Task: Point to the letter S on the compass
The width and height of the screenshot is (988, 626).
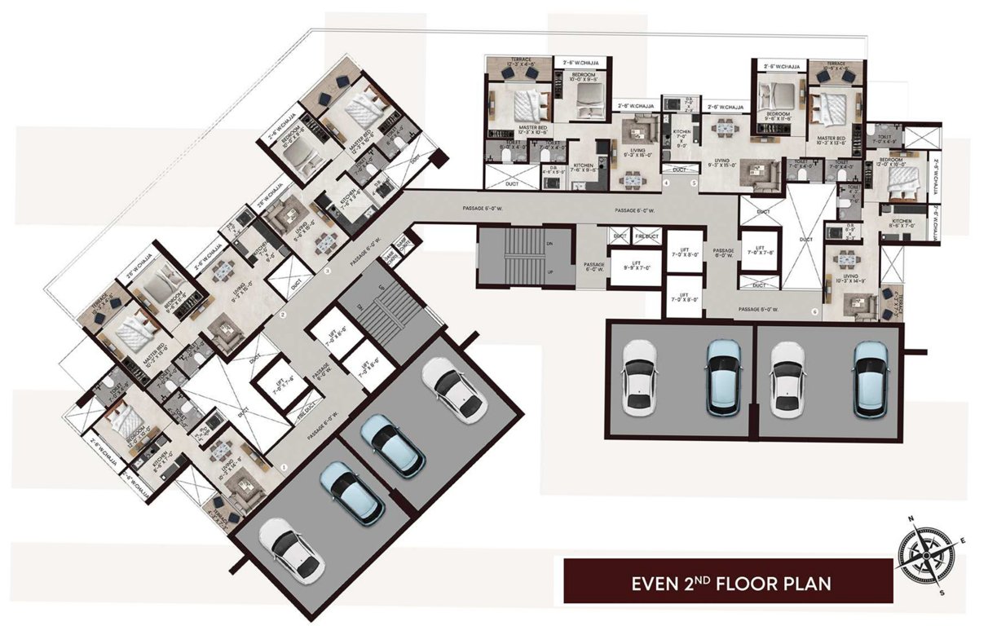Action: point(942,593)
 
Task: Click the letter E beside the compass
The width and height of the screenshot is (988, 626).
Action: point(964,541)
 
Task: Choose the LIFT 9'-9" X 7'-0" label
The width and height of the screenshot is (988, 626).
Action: point(633,265)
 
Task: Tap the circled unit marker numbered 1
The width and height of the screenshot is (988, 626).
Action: point(283,467)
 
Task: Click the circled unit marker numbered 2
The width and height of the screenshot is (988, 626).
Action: point(283,315)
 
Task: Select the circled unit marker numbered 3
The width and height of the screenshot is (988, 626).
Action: point(328,270)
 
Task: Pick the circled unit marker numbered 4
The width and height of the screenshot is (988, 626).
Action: point(666,183)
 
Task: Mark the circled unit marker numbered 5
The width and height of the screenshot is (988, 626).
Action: point(694,183)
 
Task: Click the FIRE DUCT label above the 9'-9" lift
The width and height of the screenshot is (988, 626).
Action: point(646,236)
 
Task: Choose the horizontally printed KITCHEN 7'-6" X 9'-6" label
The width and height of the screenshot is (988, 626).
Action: point(584,169)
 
